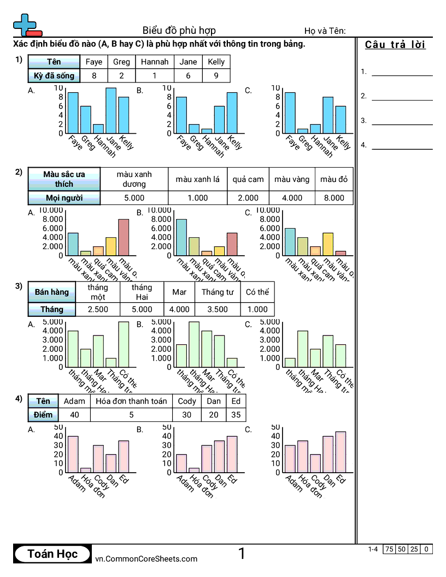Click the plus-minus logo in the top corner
27,25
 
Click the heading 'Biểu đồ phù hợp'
179,30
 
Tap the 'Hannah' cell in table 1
155,62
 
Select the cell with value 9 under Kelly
216,76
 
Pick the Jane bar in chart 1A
111,110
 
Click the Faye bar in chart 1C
290,113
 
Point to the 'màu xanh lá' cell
197,179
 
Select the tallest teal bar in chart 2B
181,237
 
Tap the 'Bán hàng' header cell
52,292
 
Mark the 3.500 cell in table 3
218,309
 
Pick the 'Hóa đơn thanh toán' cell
131,401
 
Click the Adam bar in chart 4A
73,454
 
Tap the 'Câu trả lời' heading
395,45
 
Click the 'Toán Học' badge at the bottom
52,554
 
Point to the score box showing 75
389,549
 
